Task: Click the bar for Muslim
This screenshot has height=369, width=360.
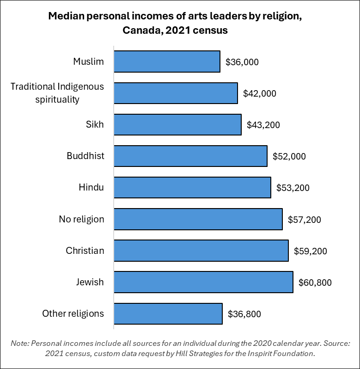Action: coord(167,61)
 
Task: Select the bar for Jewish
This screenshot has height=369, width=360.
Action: coord(203,282)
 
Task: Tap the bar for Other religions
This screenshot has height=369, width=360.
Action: coord(168,314)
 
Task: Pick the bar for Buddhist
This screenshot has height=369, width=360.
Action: coord(190,156)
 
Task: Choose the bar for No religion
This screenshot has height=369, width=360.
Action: coord(198,219)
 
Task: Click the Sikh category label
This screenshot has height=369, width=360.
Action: coord(94,124)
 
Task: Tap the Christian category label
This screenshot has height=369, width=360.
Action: coord(85,251)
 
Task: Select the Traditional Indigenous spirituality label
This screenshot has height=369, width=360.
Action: coord(57,92)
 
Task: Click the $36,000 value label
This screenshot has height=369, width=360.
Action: coord(242,62)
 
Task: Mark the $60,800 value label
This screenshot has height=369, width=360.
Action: coord(315,283)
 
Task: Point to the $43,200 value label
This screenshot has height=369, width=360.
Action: coord(263,125)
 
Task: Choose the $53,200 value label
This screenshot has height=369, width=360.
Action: coord(293,188)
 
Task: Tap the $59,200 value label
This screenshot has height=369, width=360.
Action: coord(310,251)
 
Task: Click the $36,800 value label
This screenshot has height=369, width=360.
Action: coord(244,314)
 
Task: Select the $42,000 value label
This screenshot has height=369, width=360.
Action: coord(259,93)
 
